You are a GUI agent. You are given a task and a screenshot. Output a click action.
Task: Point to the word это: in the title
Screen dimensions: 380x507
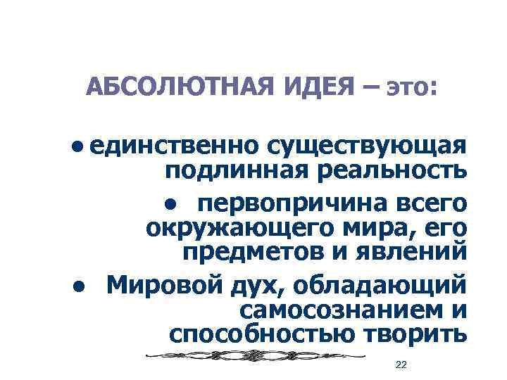[x=412, y=89]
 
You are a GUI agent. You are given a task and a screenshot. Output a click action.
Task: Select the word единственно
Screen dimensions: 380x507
[x=172, y=146]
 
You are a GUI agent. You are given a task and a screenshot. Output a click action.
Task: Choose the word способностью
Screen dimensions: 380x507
[x=262, y=331]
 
